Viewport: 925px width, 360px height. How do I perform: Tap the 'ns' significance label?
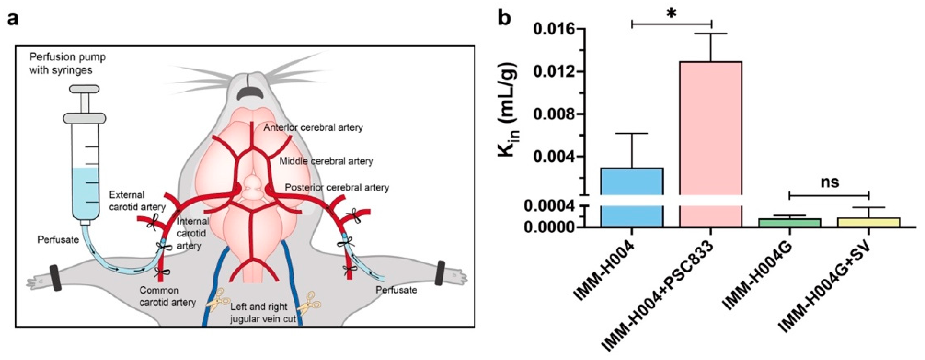tap(830, 182)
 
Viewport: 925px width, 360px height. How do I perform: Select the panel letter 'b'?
tap(504, 18)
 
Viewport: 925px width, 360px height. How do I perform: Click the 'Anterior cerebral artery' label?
tap(313, 127)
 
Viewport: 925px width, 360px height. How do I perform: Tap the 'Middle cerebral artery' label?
tap(326, 161)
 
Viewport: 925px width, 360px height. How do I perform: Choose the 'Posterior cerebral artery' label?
tap(337, 187)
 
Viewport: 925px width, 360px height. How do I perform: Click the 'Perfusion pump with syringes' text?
tap(67, 63)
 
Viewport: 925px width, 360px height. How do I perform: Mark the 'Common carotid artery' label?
tap(168, 296)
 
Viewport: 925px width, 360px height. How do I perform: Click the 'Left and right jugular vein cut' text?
tap(263, 313)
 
